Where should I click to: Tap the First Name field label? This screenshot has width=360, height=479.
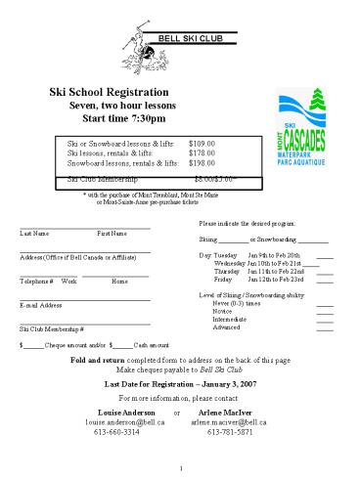point(112,234)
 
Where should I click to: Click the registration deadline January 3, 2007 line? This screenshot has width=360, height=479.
point(180,383)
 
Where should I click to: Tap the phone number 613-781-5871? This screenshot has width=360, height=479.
point(230,431)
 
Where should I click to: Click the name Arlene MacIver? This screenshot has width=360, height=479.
point(232,411)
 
